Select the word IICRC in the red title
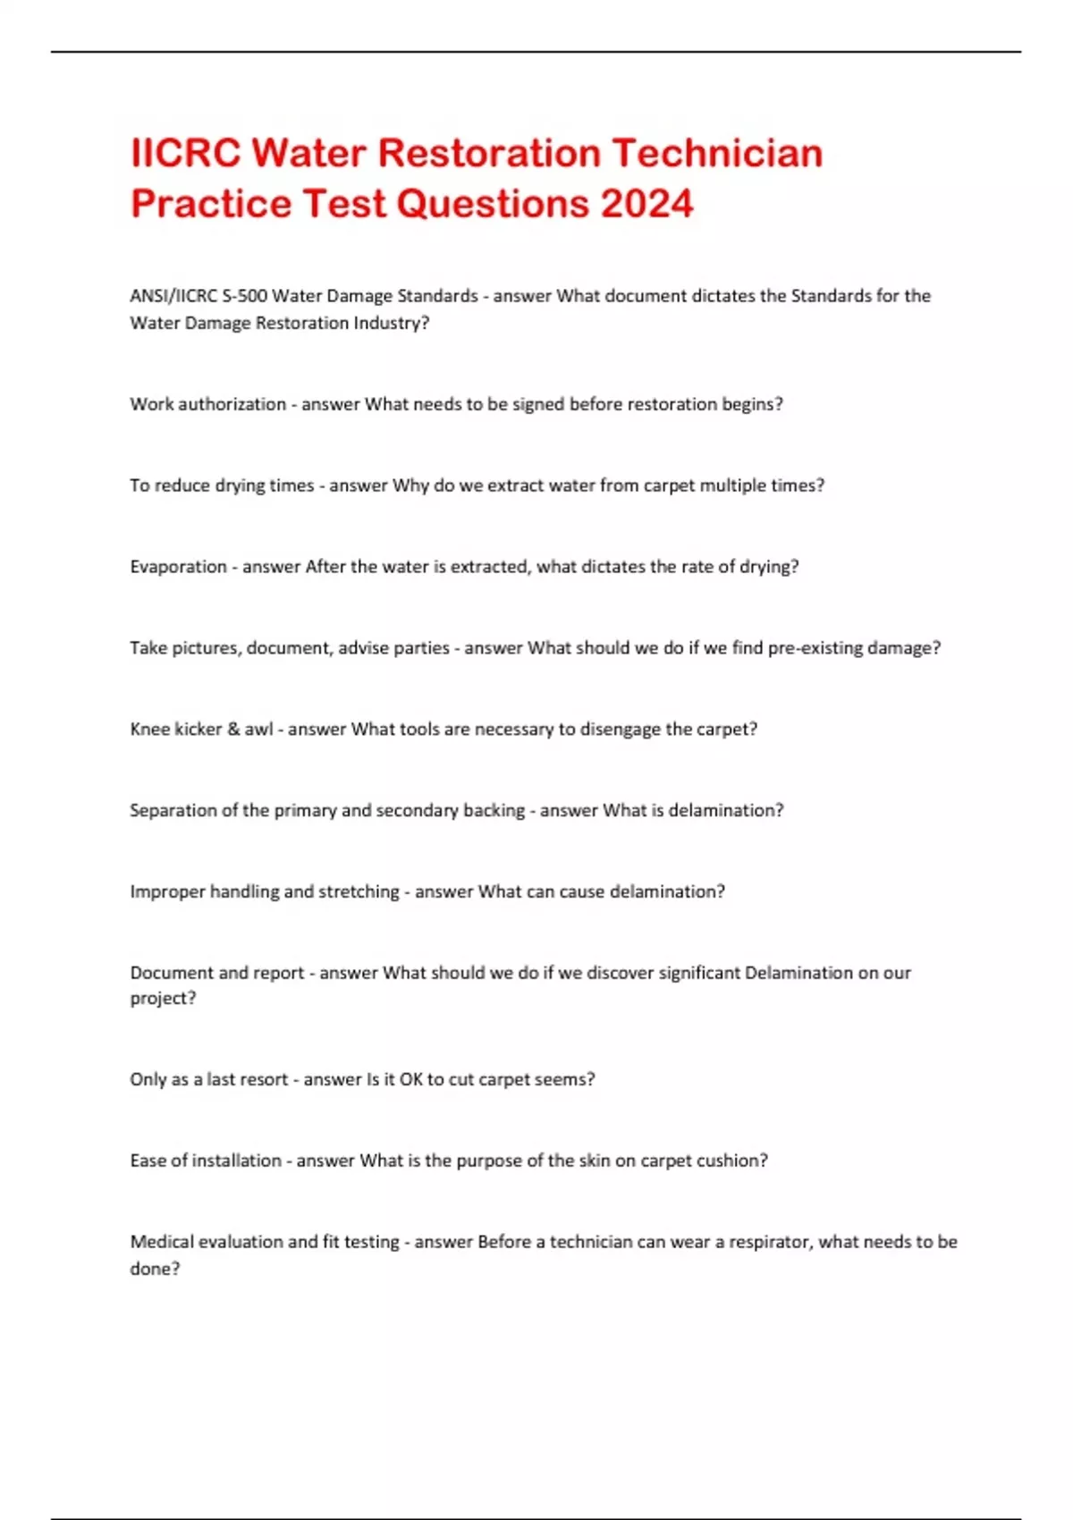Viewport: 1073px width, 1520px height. pos(186,153)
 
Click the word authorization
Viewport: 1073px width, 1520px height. pos(232,404)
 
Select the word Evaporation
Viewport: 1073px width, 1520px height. pos(178,567)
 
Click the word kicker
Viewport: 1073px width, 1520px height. pos(199,730)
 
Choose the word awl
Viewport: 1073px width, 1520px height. pos(258,730)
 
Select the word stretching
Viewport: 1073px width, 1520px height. pos(359,891)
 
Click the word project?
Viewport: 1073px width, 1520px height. pos(163,999)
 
